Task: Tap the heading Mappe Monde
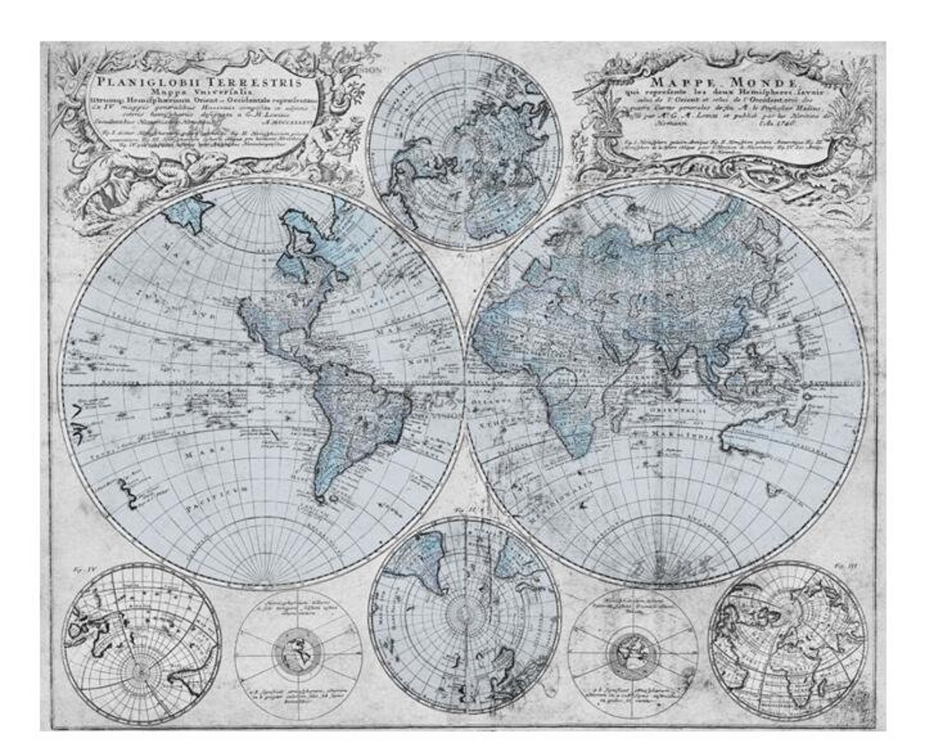(x=722, y=84)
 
